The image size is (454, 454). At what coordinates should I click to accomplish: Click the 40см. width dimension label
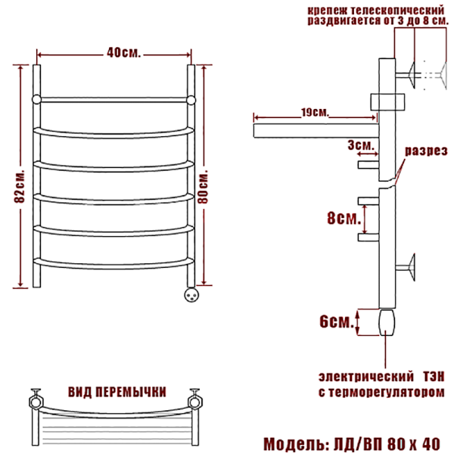pyautogui.click(x=123, y=52)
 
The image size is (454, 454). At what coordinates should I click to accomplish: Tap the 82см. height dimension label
pyautogui.click(x=20, y=186)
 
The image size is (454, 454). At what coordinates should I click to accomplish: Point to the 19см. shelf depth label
pyautogui.click(x=315, y=112)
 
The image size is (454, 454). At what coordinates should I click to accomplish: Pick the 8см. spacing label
pyautogui.click(x=344, y=218)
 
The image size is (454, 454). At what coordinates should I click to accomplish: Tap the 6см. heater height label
pyautogui.click(x=337, y=322)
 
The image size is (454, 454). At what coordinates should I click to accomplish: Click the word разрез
pyautogui.click(x=426, y=151)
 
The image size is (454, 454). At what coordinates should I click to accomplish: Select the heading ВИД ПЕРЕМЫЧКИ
pyautogui.click(x=117, y=392)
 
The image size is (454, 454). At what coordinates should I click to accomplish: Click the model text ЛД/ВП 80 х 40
pyautogui.click(x=387, y=444)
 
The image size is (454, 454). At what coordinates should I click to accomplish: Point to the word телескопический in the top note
pyautogui.click(x=397, y=11)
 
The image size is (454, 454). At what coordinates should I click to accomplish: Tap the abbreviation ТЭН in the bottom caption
pyautogui.click(x=434, y=377)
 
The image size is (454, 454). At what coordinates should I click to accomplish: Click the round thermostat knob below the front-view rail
pyautogui.click(x=191, y=295)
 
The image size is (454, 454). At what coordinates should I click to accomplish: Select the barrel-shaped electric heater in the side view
pyautogui.click(x=387, y=322)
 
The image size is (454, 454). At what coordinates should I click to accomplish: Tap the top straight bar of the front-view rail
pyautogui.click(x=113, y=100)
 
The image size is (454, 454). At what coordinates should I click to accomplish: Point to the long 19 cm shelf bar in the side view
pyautogui.click(x=316, y=131)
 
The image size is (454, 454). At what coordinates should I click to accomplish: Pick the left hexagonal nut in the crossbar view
pyautogui.click(x=36, y=402)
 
